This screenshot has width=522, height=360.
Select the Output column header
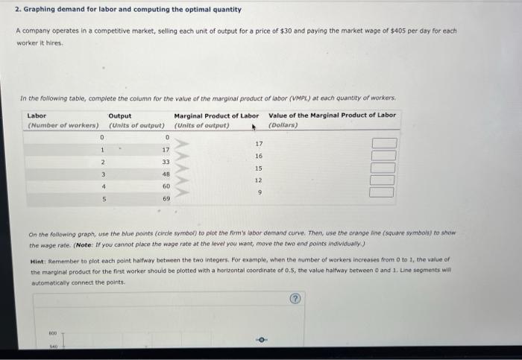click(120, 116)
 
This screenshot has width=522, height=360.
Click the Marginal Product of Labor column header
click(216, 116)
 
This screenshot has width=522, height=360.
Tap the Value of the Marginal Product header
click(332, 116)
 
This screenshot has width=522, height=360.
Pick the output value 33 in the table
click(166, 162)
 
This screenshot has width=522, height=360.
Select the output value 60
click(166, 186)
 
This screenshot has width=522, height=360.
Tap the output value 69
click(166, 199)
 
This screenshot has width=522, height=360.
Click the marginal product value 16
click(259, 156)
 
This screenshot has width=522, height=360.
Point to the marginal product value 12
click(259, 180)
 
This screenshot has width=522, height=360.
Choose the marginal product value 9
click(259, 192)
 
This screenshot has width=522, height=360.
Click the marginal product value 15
click(259, 168)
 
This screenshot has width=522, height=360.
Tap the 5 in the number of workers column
click(102, 199)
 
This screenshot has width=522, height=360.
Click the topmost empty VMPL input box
click(380, 143)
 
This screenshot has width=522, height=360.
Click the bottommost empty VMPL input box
click(380, 192)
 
